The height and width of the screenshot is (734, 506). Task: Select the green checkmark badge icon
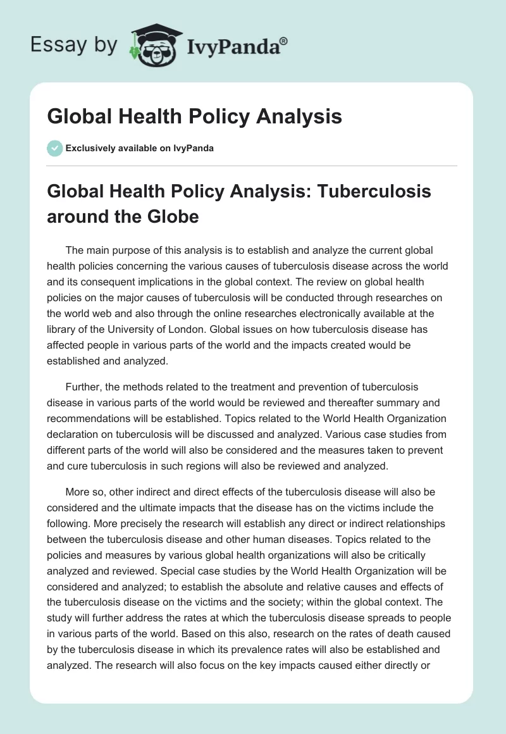coord(55,149)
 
